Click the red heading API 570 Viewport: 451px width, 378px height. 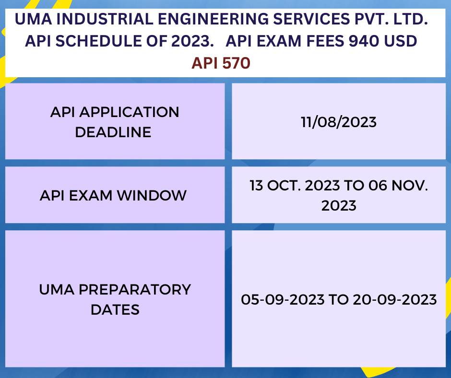(x=221, y=62)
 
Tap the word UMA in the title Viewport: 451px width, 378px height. (x=30, y=20)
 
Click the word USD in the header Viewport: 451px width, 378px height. (x=400, y=41)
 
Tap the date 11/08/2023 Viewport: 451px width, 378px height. (x=339, y=122)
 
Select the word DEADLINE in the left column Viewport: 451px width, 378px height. (x=113, y=132)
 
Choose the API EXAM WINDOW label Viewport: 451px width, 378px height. (x=113, y=195)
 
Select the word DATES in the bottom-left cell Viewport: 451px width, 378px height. (x=115, y=309)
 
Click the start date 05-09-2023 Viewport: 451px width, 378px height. (x=283, y=300)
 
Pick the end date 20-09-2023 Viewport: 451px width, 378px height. (x=394, y=300)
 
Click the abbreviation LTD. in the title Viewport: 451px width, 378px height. (x=412, y=20)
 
